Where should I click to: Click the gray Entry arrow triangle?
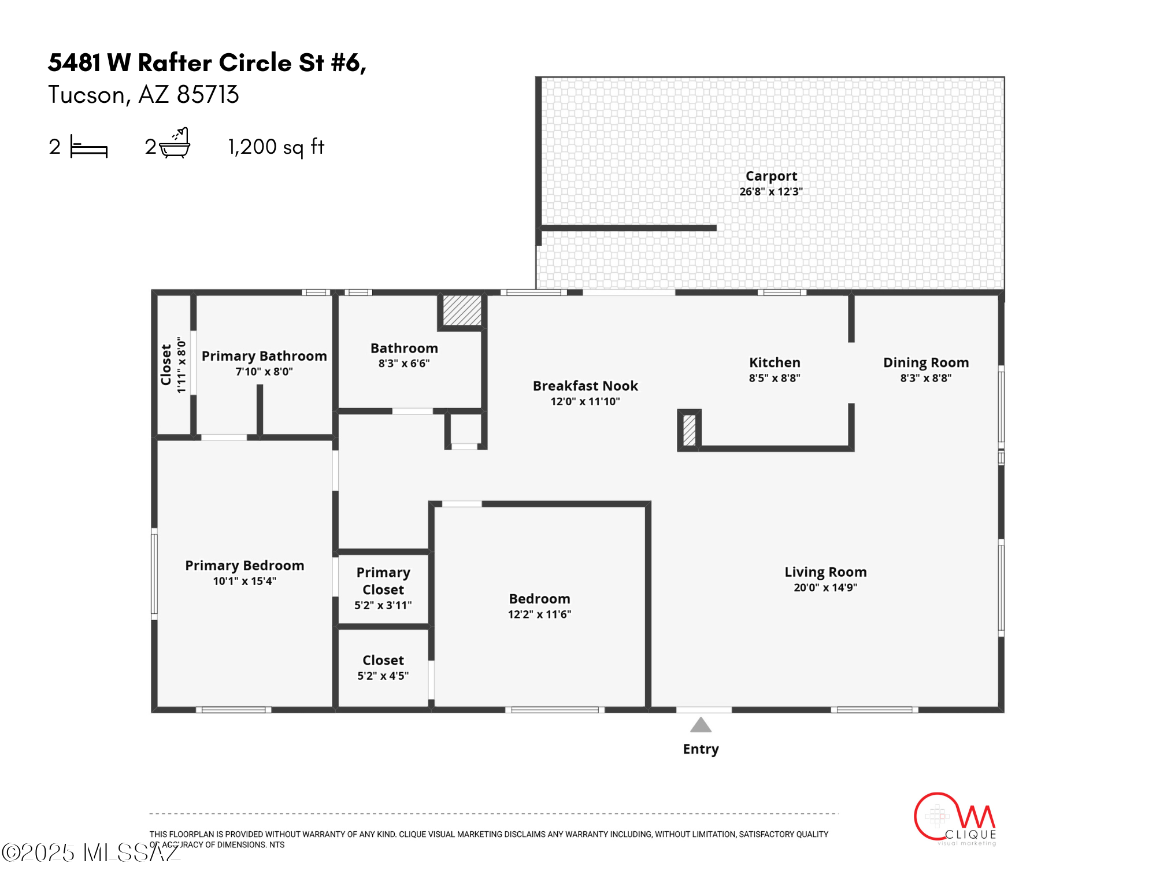[x=701, y=725]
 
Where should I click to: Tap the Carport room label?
[x=771, y=176]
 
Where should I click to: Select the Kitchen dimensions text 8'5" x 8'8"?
[x=775, y=378]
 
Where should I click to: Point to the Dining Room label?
[x=926, y=362]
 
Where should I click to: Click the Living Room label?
[x=825, y=572]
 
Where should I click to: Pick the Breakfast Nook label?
[x=585, y=386]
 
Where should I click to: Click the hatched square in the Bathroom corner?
[x=462, y=310]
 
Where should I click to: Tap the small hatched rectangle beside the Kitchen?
[x=690, y=430]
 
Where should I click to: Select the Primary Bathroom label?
[x=264, y=356]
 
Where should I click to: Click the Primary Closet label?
[x=383, y=581]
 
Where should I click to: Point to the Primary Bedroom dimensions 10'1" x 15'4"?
[x=244, y=581]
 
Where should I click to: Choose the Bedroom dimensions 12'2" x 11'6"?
[x=539, y=614]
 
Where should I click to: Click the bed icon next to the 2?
[x=88, y=146]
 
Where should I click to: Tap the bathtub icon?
[x=175, y=143]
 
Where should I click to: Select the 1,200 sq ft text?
[x=276, y=147]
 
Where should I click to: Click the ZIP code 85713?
[x=208, y=95]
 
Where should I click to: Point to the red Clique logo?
[x=955, y=819]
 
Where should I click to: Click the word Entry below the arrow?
[x=701, y=749]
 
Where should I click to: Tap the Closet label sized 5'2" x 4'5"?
[x=383, y=660]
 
